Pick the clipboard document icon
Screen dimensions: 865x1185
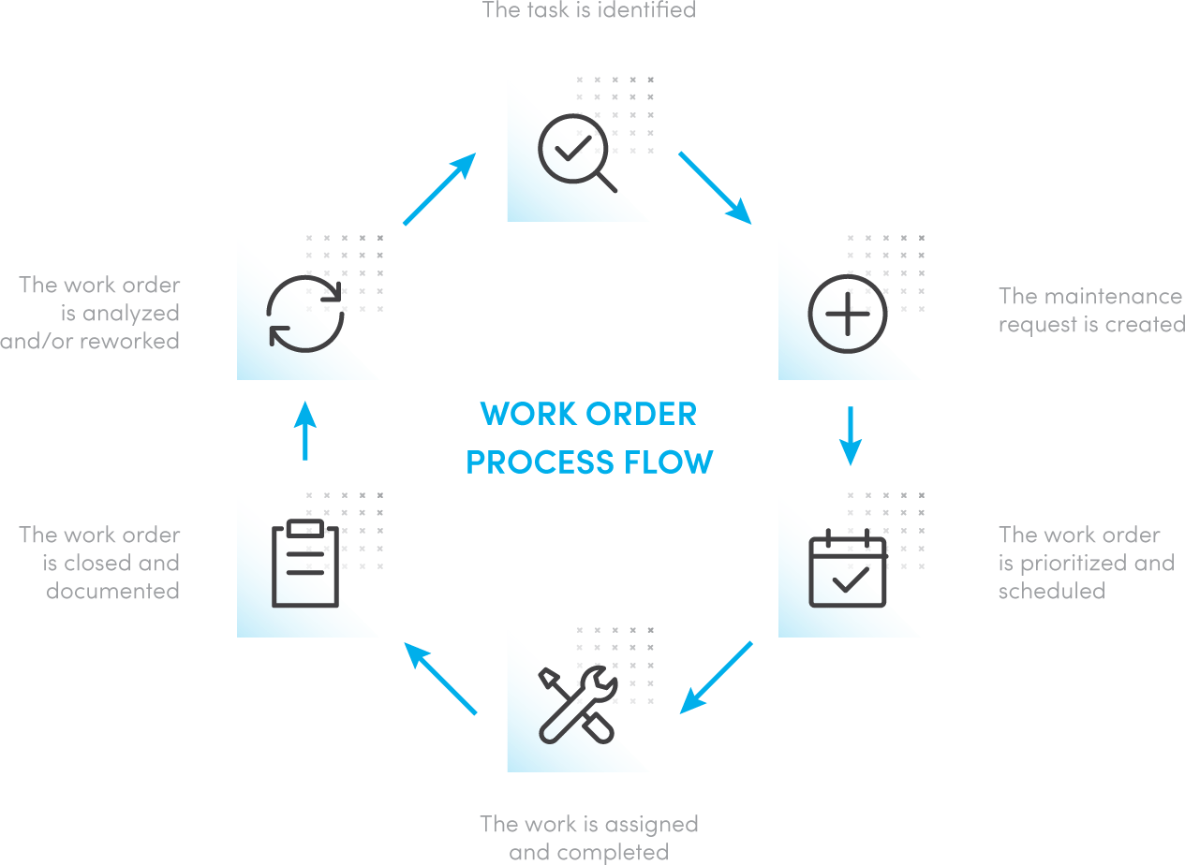tap(305, 564)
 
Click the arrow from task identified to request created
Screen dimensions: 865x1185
tap(715, 187)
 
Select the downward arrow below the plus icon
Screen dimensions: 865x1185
tap(850, 435)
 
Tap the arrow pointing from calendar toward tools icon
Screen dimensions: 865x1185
tap(717, 677)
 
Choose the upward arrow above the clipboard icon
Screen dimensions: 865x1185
tap(305, 431)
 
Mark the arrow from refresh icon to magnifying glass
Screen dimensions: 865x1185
tap(439, 190)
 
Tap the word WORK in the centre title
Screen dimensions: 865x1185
tap(520, 414)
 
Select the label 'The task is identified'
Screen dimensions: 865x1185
tap(588, 11)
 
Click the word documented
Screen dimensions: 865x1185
tap(112, 592)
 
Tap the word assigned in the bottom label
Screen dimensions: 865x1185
tap(651, 825)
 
